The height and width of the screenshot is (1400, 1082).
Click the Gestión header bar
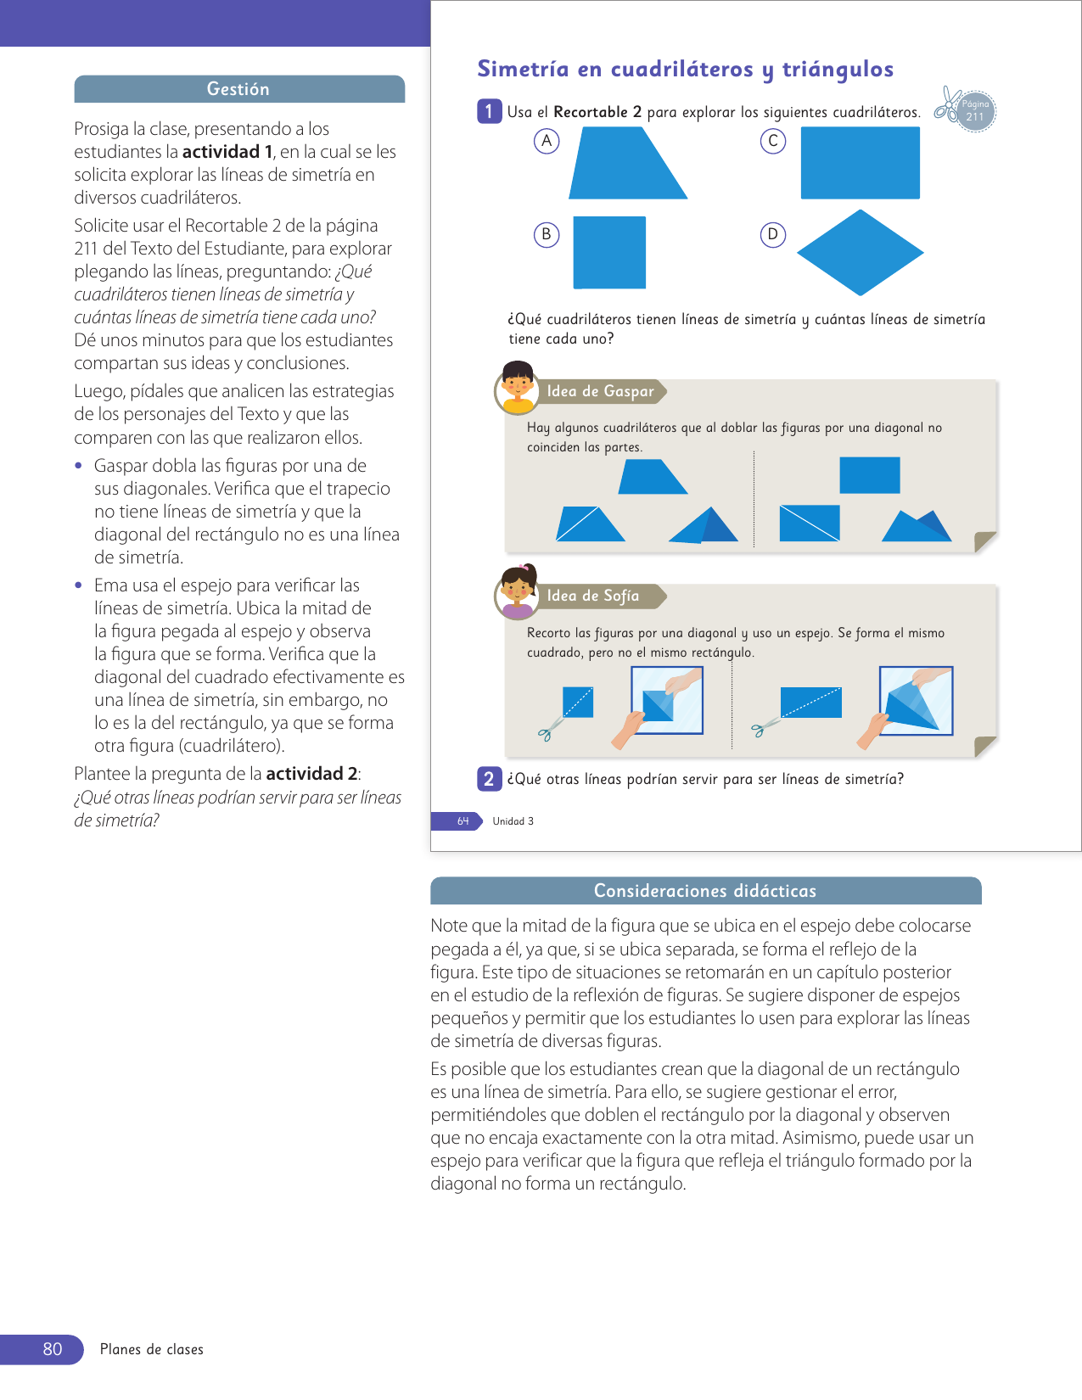point(238,89)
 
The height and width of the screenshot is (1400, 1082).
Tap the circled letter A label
point(547,141)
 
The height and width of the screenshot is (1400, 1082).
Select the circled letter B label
point(547,234)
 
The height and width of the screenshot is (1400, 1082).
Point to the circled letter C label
point(772,141)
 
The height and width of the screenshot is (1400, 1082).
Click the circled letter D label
point(772,234)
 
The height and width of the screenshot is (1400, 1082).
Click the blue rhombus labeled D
point(860,253)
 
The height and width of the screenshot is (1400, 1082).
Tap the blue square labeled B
point(609,252)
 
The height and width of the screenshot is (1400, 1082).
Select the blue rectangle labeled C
point(860,163)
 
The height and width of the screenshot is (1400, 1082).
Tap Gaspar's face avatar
point(517,387)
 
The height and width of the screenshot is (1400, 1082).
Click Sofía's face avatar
point(517,591)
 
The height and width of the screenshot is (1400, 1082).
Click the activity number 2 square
point(489,779)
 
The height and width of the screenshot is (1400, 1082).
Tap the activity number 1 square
point(489,111)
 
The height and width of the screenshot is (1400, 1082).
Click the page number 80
point(52,1349)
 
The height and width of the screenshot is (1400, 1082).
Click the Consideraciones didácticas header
point(705,891)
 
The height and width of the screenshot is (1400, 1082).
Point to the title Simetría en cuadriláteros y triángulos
point(685,70)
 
